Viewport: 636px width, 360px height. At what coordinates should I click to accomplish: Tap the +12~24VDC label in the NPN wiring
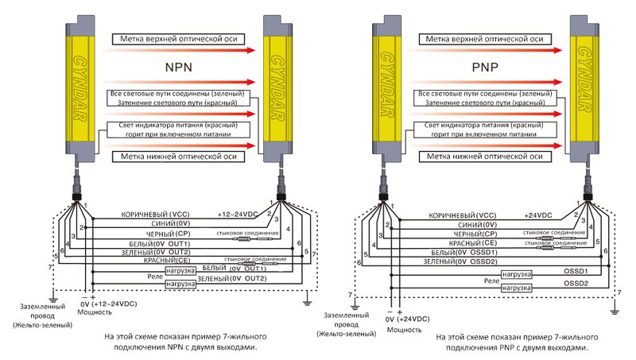[x=238, y=215]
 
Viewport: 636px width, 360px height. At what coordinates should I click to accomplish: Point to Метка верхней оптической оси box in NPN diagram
[x=177, y=38]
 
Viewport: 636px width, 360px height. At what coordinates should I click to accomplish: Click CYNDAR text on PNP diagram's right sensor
[x=587, y=87]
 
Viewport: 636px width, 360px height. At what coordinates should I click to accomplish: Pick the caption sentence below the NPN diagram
[x=184, y=342]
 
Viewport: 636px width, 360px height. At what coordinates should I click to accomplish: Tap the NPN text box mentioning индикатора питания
[x=177, y=130]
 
